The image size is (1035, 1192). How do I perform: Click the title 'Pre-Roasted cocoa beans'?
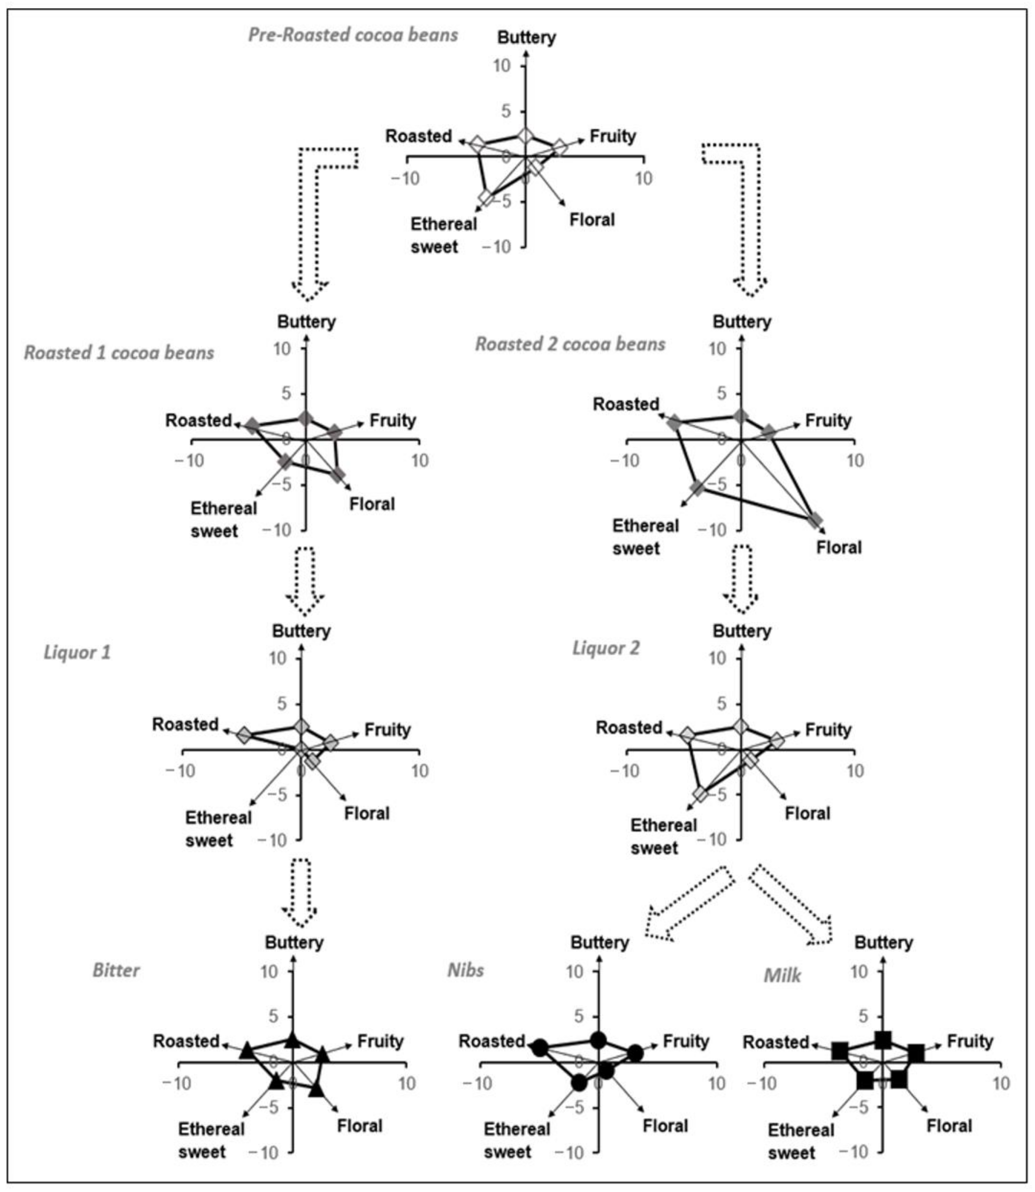pyautogui.click(x=353, y=35)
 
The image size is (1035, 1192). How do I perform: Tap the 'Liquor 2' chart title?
pyautogui.click(x=606, y=648)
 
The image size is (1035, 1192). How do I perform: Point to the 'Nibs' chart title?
pyautogui.click(x=465, y=970)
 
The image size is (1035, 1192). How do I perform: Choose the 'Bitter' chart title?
pyautogui.click(x=116, y=970)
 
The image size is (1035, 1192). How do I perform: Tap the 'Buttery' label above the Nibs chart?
pyautogui.click(x=600, y=943)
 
